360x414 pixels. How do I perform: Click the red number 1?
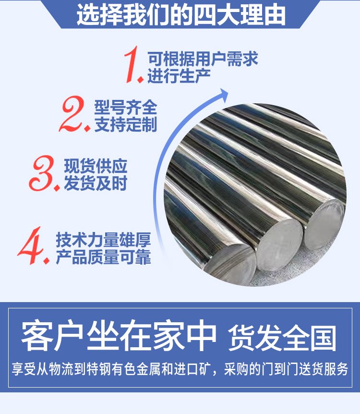tap(132, 64)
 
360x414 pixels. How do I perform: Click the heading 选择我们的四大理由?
tap(181, 14)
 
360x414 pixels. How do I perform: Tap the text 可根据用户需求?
tap(203, 59)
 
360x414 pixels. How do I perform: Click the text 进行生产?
tap(179, 76)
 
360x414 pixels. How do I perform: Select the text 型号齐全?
tap(126, 107)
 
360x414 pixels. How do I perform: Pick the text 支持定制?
tap(126, 124)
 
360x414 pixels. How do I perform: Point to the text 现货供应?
tap(96, 166)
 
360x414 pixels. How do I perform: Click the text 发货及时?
tap(96, 183)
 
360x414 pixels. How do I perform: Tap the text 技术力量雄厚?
tap(103, 240)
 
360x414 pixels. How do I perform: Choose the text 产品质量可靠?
tap(103, 256)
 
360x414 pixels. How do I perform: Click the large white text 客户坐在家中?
tap(119, 336)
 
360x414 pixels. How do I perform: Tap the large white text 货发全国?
tap(282, 338)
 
